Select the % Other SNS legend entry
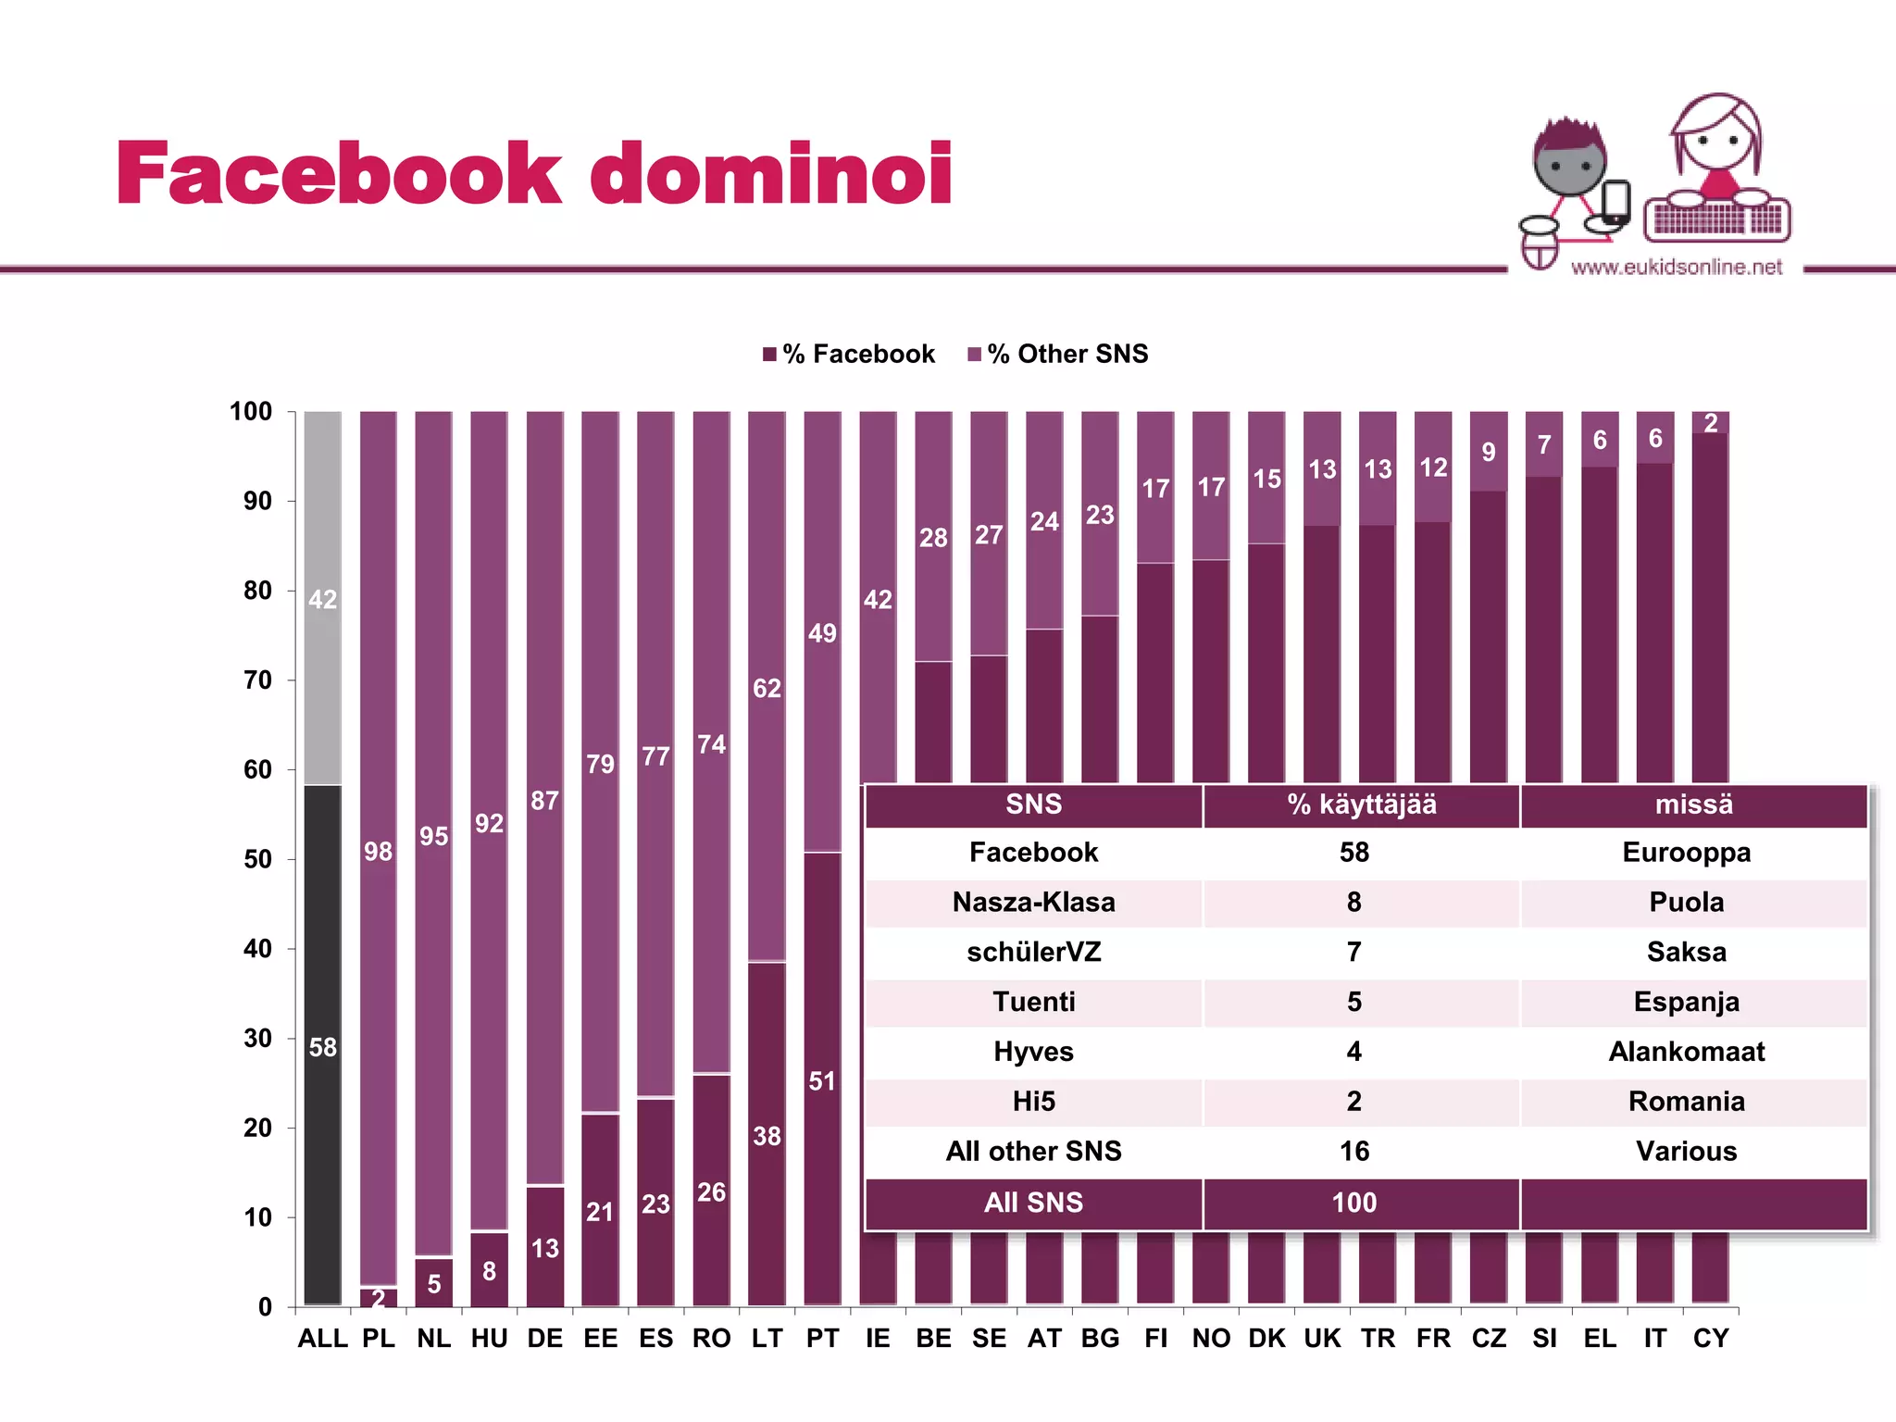1058,354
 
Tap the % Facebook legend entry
849,354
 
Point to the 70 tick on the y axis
257,680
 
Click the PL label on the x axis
378,1338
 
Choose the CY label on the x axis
1710,1338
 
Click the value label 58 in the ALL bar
322,1047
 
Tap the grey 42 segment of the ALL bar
322,598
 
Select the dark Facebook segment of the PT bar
822,1079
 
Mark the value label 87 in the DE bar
544,800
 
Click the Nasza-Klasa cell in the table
1033,902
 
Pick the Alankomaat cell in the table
1686,1052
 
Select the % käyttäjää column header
1361,804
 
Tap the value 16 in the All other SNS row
1353,1151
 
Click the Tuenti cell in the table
1033,1002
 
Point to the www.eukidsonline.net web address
1676,268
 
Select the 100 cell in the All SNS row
1353,1203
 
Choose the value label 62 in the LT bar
767,688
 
